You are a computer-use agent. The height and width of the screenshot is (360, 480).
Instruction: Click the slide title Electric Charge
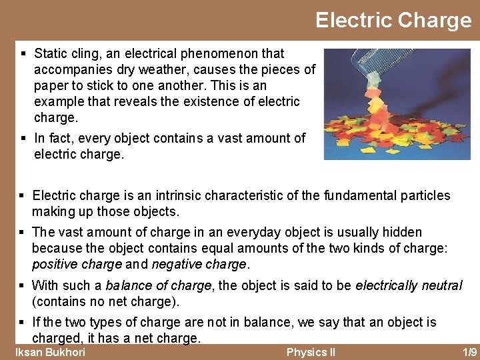tap(393, 20)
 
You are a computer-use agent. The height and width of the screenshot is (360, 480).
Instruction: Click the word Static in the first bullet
tap(49, 53)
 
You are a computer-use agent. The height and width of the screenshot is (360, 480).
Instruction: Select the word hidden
tap(401, 232)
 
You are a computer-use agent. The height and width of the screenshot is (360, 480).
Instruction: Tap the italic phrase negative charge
tap(199, 264)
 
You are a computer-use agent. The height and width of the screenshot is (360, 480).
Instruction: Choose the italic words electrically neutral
tap(409, 285)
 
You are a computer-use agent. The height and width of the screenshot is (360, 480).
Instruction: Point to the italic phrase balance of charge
tap(159, 285)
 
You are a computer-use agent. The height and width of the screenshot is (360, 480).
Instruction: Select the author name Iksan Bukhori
tap(51, 352)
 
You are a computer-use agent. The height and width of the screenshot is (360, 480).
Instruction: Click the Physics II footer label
tap(311, 352)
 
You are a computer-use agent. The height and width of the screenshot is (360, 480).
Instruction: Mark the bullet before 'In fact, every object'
tap(23, 138)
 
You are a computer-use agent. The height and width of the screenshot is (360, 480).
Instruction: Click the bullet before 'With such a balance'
tap(22, 285)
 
